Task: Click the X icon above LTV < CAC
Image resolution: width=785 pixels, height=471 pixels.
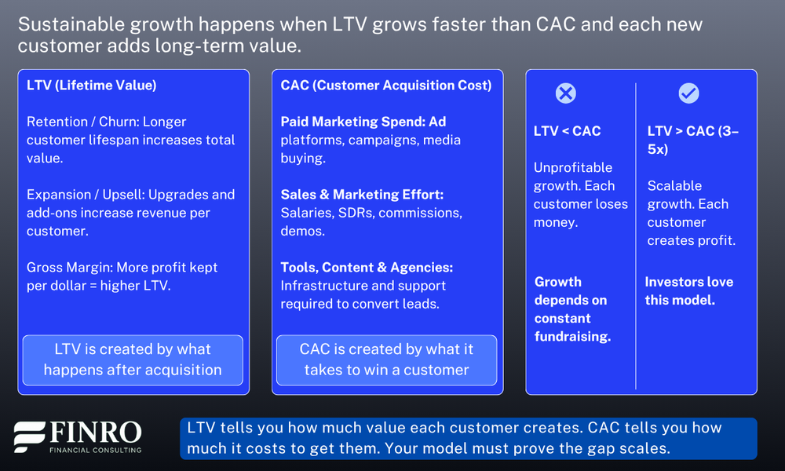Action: (566, 93)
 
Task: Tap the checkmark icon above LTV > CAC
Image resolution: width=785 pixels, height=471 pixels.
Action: (689, 93)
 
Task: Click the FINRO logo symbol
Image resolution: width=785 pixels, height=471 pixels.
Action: (30, 437)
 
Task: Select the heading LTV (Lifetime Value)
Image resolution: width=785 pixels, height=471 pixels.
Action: (92, 85)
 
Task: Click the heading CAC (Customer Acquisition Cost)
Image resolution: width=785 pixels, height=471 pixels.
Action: (386, 85)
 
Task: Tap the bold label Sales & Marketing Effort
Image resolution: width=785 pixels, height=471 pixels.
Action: (362, 194)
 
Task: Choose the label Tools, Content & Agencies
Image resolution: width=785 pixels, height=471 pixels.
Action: (367, 267)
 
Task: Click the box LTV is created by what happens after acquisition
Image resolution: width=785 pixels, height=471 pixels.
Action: (133, 360)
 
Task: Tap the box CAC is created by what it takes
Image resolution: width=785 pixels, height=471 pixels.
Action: (386, 360)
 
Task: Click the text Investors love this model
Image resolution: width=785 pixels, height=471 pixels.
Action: (689, 290)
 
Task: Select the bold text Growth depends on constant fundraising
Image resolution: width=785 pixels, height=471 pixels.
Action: (572, 309)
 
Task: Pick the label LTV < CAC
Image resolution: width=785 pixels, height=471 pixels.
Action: (568, 130)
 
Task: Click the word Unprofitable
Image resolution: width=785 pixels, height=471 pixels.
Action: (573, 167)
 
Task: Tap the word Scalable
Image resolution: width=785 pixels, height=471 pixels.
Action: (674, 186)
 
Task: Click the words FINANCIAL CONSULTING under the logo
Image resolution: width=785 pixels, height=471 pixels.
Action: (95, 450)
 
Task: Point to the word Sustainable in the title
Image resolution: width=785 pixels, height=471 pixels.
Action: (71, 24)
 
